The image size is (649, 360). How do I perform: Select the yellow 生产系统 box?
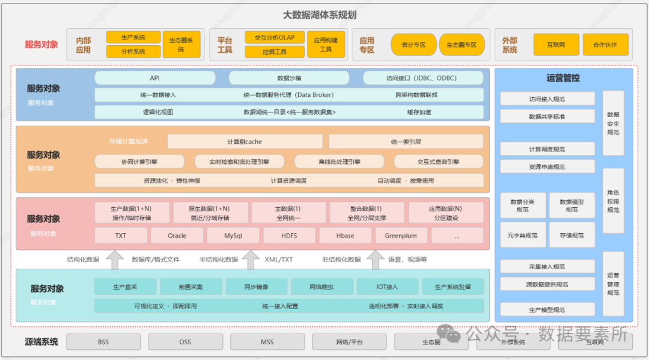tap(133, 37)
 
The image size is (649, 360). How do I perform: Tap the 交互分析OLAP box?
tap(274, 37)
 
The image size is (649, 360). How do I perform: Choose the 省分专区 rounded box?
tap(413, 44)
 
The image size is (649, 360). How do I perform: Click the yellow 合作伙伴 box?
tap(605, 44)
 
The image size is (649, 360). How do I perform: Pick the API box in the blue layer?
tap(154, 78)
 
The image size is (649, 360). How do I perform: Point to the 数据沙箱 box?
tap(288, 78)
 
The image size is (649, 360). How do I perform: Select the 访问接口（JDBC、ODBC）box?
tap(422, 78)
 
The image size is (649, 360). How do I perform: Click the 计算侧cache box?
tap(245, 142)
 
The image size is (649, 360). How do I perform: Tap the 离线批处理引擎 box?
tap(340, 162)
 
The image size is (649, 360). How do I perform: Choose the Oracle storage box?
tap(177, 236)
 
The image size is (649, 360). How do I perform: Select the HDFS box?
tap(288, 236)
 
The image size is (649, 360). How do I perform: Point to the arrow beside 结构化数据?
tap(114, 259)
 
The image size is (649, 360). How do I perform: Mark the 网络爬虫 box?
tap(321, 287)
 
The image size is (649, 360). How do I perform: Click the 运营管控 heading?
tap(563, 78)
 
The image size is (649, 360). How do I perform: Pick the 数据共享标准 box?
tap(547, 117)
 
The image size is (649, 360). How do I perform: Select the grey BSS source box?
tap(103, 342)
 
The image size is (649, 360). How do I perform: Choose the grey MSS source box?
tap(267, 342)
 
